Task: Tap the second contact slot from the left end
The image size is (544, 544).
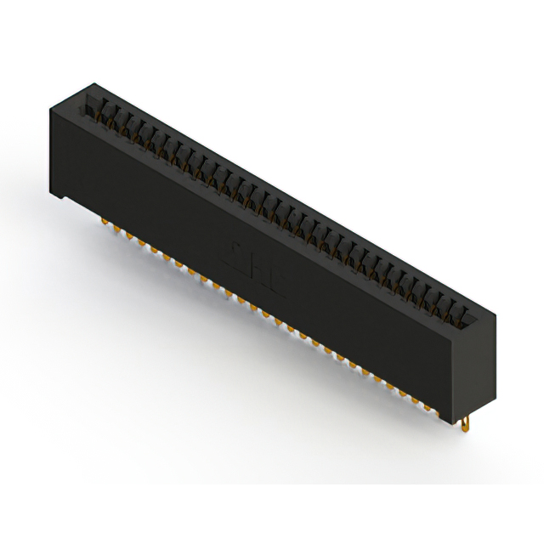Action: coord(101,113)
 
